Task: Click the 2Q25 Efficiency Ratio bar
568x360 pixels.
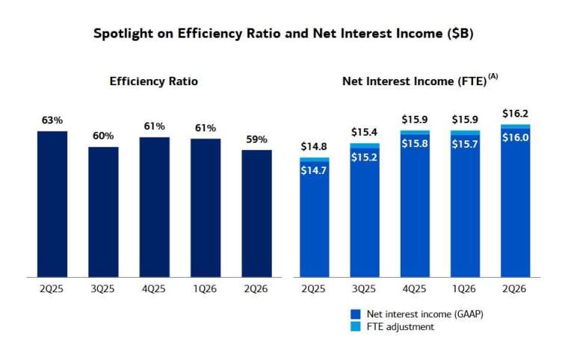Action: pyautogui.click(x=52, y=204)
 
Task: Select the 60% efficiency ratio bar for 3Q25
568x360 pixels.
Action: pyautogui.click(x=103, y=212)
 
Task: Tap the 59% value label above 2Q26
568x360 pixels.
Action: pyautogui.click(x=256, y=140)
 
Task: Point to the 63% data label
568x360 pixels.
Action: pyautogui.click(x=52, y=120)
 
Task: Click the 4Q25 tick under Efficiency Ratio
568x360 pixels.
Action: pyautogui.click(x=154, y=289)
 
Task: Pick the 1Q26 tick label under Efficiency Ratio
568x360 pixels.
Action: pyautogui.click(x=205, y=289)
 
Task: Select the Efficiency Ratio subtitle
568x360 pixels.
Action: pyautogui.click(x=154, y=81)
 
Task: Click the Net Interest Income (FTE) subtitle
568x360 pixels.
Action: pyautogui.click(x=414, y=81)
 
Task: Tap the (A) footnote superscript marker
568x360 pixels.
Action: pyautogui.click(x=493, y=76)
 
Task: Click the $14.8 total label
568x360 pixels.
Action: pyautogui.click(x=314, y=146)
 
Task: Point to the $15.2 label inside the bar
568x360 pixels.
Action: pyautogui.click(x=364, y=157)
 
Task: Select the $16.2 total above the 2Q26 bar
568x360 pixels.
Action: pyautogui.click(x=515, y=114)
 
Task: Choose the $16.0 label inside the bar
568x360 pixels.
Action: pyautogui.click(x=515, y=137)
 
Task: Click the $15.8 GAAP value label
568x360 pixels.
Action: pyautogui.click(x=415, y=143)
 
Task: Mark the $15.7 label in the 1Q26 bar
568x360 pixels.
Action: pyautogui.click(x=465, y=144)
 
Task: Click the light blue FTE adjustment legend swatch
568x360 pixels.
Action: pyautogui.click(x=356, y=326)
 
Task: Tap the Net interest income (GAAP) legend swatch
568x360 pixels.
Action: pyautogui.click(x=356, y=314)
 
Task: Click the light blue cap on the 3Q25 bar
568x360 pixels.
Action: pyautogui.click(x=365, y=146)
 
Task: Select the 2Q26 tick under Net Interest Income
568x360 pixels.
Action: pyautogui.click(x=514, y=289)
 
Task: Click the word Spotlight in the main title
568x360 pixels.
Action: pyautogui.click(x=123, y=34)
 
